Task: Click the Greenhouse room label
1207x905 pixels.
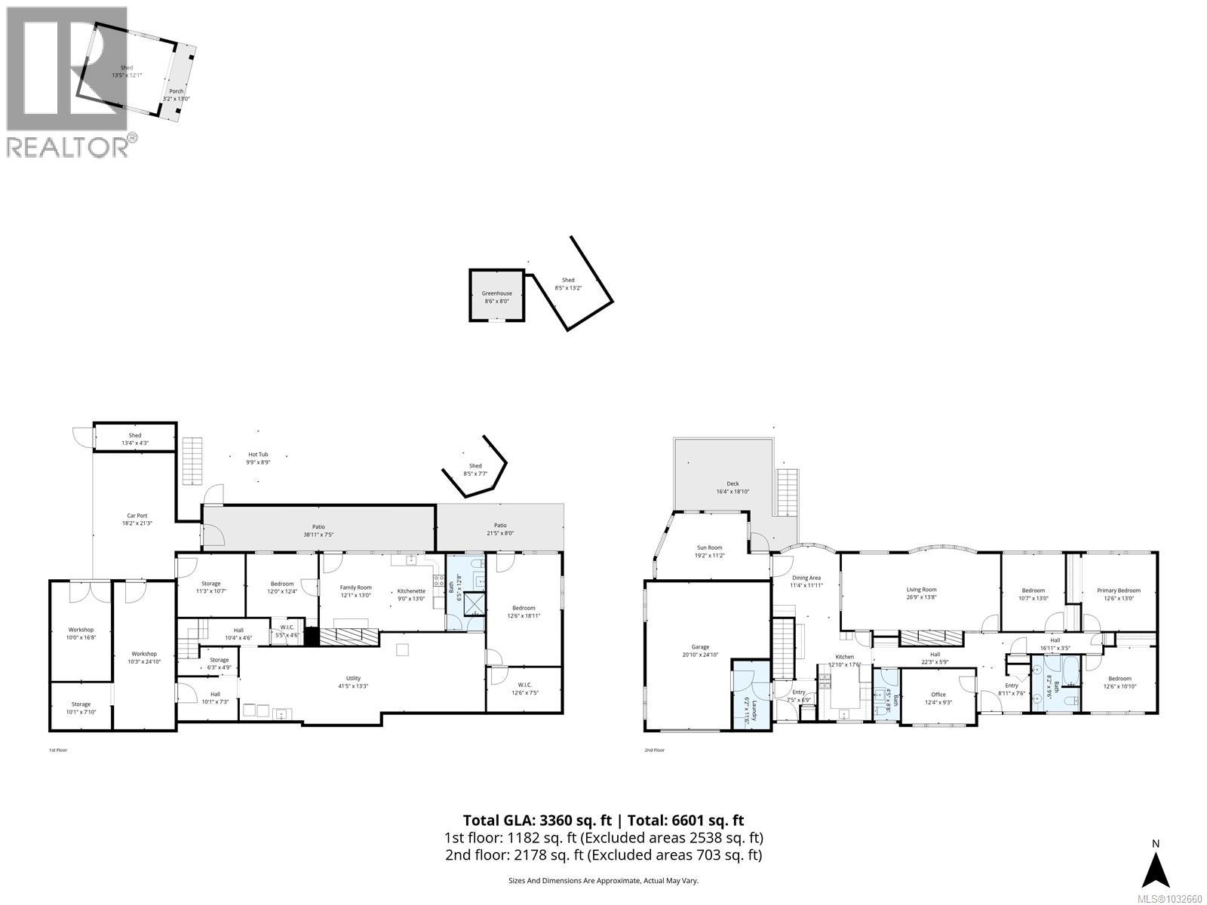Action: coord(496,293)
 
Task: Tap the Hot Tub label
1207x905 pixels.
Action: coord(258,454)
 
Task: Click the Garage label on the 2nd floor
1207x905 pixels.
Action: coord(700,646)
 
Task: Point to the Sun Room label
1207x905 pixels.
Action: coord(708,548)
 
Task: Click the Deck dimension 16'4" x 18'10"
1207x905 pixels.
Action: coord(732,492)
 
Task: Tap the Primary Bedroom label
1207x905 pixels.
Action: coord(1119,591)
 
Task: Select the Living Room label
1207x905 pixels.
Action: coord(921,590)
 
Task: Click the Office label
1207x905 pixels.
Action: coord(938,695)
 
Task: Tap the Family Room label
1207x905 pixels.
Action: coord(355,587)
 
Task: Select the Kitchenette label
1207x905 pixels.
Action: coord(411,591)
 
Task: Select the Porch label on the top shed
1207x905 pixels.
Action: coord(177,91)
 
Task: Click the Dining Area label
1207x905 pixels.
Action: coord(806,578)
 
